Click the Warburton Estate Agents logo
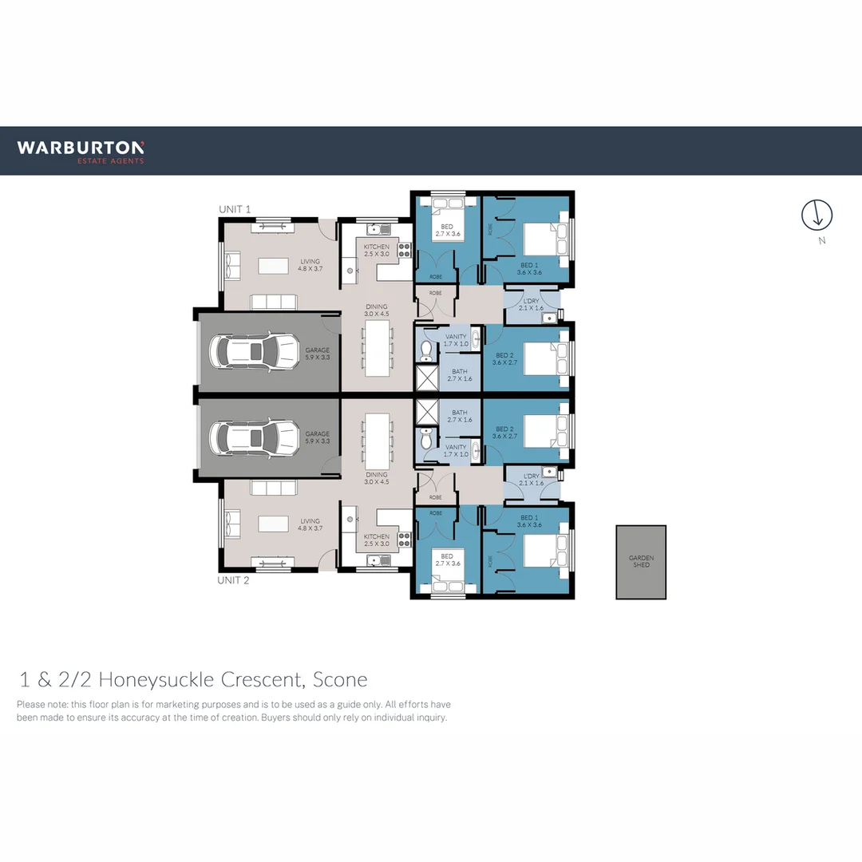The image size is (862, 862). click(x=81, y=151)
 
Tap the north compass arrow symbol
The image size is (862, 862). click(x=817, y=214)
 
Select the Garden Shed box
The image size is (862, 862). click(x=641, y=562)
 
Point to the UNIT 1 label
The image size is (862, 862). click(x=235, y=209)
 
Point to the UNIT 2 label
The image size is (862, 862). click(x=233, y=580)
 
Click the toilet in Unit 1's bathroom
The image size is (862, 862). click(x=426, y=350)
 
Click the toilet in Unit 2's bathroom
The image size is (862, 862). click(x=426, y=439)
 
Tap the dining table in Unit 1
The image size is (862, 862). click(x=378, y=349)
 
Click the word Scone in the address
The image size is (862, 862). click(x=340, y=680)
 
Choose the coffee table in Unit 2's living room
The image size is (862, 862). click(x=273, y=524)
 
